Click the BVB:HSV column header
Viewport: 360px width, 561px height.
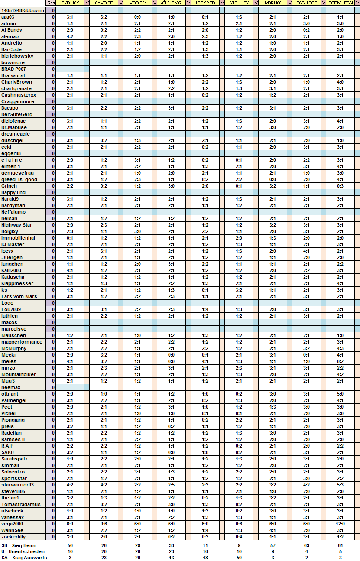click(70, 3)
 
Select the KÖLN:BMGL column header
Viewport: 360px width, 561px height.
click(171, 3)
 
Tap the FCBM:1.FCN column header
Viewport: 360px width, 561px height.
click(340, 3)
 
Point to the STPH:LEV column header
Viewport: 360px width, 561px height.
click(239, 3)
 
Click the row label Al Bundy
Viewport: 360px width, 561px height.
click(12, 30)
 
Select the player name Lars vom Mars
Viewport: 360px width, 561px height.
click(19, 296)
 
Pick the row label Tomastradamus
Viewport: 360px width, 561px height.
click(21, 504)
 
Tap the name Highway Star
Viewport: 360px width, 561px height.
click(16, 225)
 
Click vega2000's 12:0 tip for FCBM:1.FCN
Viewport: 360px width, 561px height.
click(340, 524)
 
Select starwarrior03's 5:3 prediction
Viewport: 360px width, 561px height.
click(340, 485)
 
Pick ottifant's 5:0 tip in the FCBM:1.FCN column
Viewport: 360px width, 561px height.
click(340, 394)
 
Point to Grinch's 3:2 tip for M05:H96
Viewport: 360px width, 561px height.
click(272, 186)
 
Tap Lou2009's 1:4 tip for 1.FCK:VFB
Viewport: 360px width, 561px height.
click(205, 309)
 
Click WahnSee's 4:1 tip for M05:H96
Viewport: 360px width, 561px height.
click(272, 530)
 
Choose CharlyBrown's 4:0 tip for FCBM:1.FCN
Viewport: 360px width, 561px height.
click(340, 82)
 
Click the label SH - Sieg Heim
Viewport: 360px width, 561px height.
click(18, 545)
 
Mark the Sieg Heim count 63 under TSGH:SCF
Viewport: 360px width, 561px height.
click(306, 545)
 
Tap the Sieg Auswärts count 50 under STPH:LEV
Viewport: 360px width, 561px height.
click(239, 558)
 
